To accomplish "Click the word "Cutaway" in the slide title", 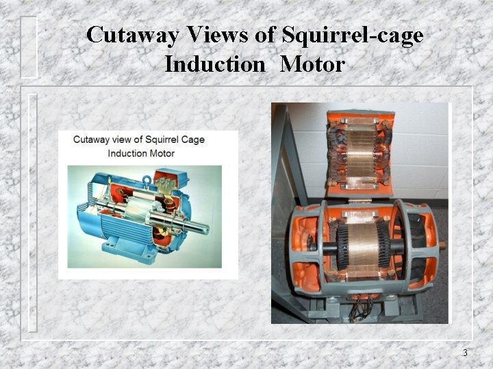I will coord(129,35).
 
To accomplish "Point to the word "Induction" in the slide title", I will coord(214,65).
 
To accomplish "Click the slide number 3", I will coord(465,353).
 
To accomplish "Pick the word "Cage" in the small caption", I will coord(193,140).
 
